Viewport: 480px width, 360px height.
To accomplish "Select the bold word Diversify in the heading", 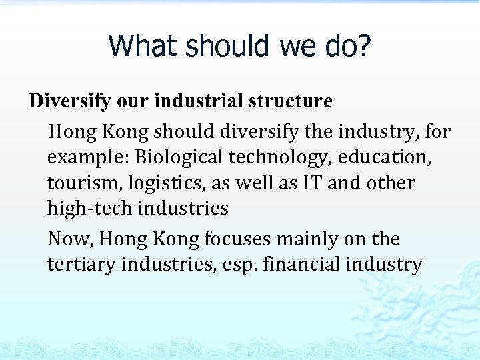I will point(71,101).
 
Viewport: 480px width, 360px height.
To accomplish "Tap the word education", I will point(385,157).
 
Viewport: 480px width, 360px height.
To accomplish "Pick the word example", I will point(88,157).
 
